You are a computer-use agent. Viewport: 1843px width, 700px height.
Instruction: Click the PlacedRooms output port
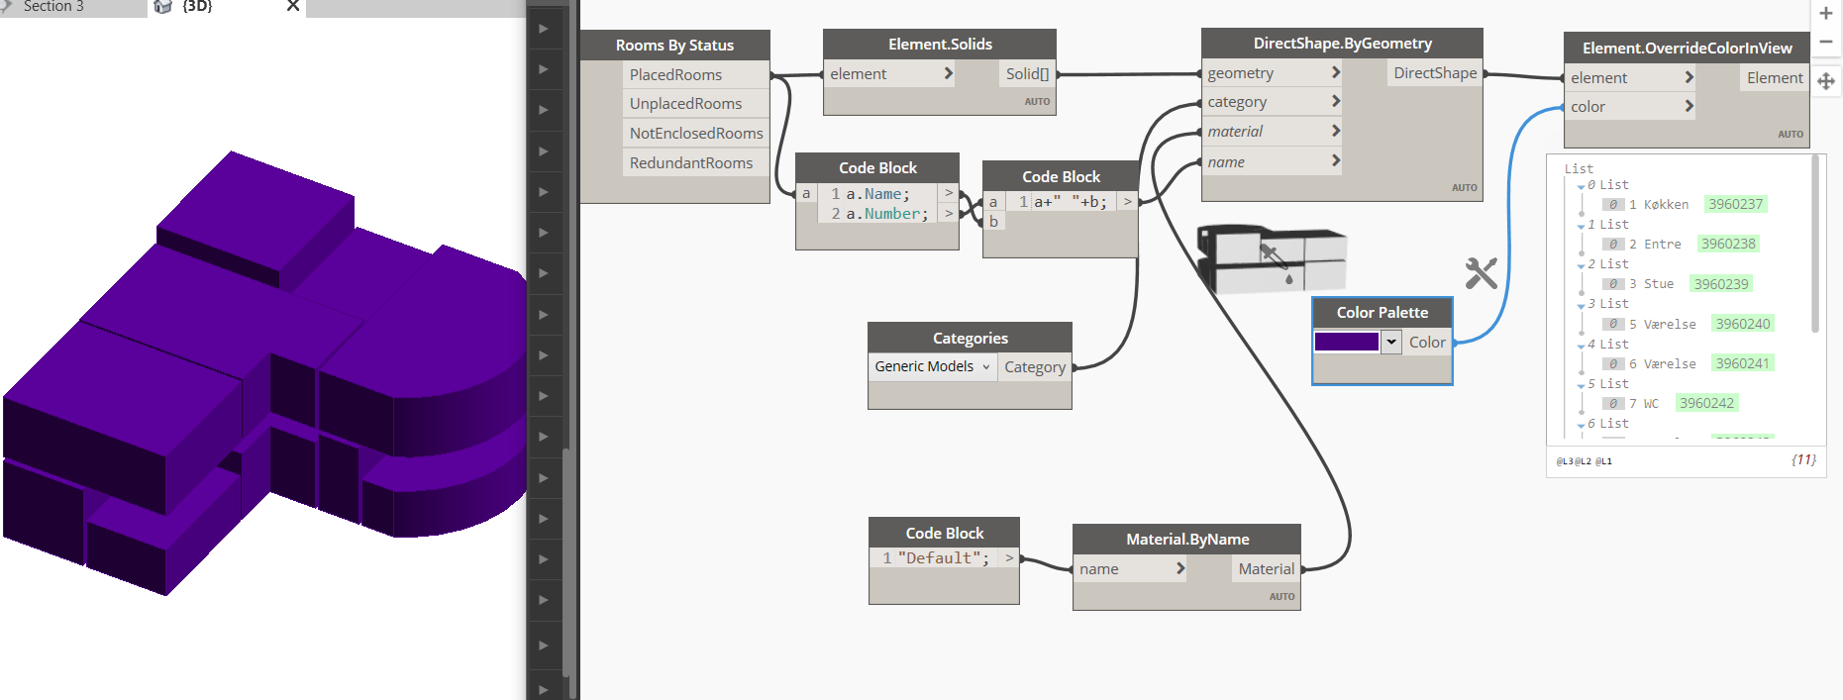(676, 75)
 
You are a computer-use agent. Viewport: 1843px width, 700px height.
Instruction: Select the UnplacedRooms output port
(685, 104)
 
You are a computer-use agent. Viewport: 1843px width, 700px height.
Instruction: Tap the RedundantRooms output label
(690, 163)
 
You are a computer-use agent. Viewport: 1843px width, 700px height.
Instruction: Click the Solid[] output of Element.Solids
(1027, 74)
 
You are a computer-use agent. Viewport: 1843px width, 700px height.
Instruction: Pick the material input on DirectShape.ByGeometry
(1235, 132)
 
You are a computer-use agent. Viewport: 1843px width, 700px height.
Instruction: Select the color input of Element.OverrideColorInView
(1587, 107)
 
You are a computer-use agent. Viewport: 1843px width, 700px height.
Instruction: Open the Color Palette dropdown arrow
(1391, 343)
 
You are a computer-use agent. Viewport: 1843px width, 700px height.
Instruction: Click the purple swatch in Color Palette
(1346, 343)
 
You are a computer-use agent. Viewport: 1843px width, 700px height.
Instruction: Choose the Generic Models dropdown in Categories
(932, 367)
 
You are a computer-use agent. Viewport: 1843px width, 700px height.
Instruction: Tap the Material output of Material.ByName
(1266, 569)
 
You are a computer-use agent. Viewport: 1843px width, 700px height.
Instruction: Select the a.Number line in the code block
(886, 214)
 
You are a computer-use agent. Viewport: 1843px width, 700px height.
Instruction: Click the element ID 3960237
(1735, 205)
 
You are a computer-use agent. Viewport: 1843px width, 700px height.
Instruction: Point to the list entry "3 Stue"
(1651, 284)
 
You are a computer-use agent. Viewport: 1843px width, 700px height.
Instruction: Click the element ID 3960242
(1706, 404)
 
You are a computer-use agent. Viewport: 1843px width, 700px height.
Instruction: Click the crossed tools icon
(1481, 273)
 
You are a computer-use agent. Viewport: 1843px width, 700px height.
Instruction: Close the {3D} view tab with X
(293, 6)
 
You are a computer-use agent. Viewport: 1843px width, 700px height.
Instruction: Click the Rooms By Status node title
(674, 46)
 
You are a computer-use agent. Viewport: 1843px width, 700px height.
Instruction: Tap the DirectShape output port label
(1434, 73)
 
